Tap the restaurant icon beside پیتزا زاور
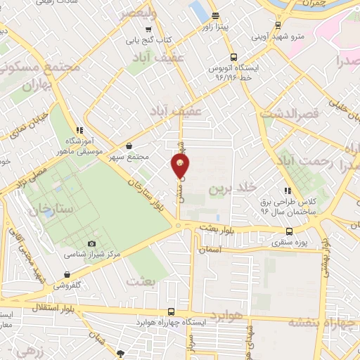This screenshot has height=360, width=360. click(x=216, y=16)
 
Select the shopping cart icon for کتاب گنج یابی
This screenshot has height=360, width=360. click(x=148, y=30)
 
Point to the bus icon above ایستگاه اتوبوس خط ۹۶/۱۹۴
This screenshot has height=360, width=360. click(x=233, y=58)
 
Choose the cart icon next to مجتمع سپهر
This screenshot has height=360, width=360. click(x=127, y=146)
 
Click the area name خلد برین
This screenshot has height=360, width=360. click(x=229, y=189)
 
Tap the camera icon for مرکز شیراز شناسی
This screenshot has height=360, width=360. click(x=92, y=243)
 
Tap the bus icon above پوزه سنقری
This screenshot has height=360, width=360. click(x=289, y=231)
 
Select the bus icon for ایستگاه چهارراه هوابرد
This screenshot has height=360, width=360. click(x=172, y=311)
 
